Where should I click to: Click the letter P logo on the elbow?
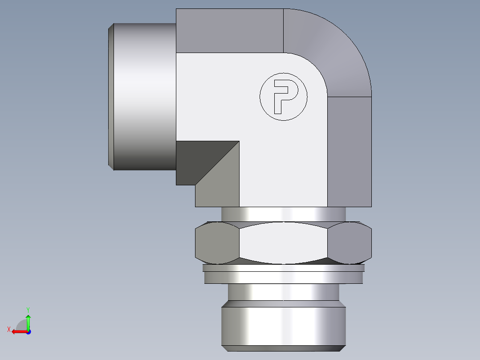[284, 96]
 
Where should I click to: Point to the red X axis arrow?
[18, 331]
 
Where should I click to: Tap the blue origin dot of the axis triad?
[28, 332]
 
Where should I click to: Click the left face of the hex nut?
[217, 243]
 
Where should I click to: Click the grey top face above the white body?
[229, 30]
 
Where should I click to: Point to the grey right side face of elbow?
[350, 151]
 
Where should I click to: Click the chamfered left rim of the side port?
[111, 96]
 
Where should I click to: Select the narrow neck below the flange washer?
[283, 292]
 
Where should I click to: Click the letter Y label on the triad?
[28, 309]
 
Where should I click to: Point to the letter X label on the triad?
[9, 329]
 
